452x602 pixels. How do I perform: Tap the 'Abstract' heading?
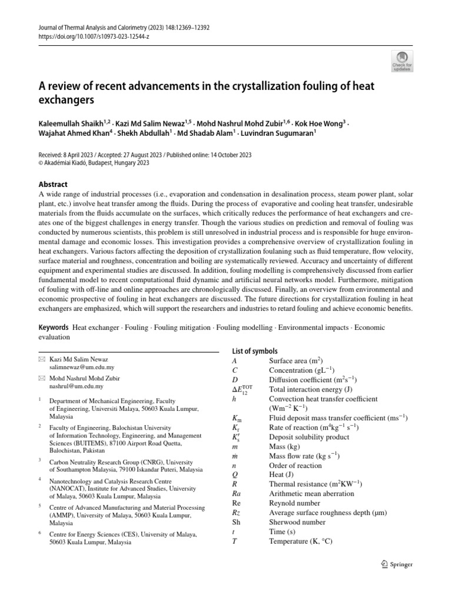tap(53, 184)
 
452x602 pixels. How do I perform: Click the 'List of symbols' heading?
tap(255, 351)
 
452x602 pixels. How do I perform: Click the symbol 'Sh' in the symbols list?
tap(237, 521)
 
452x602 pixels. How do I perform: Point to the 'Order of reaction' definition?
tap(295, 465)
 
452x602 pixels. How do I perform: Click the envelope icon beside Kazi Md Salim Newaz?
tap(41, 359)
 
